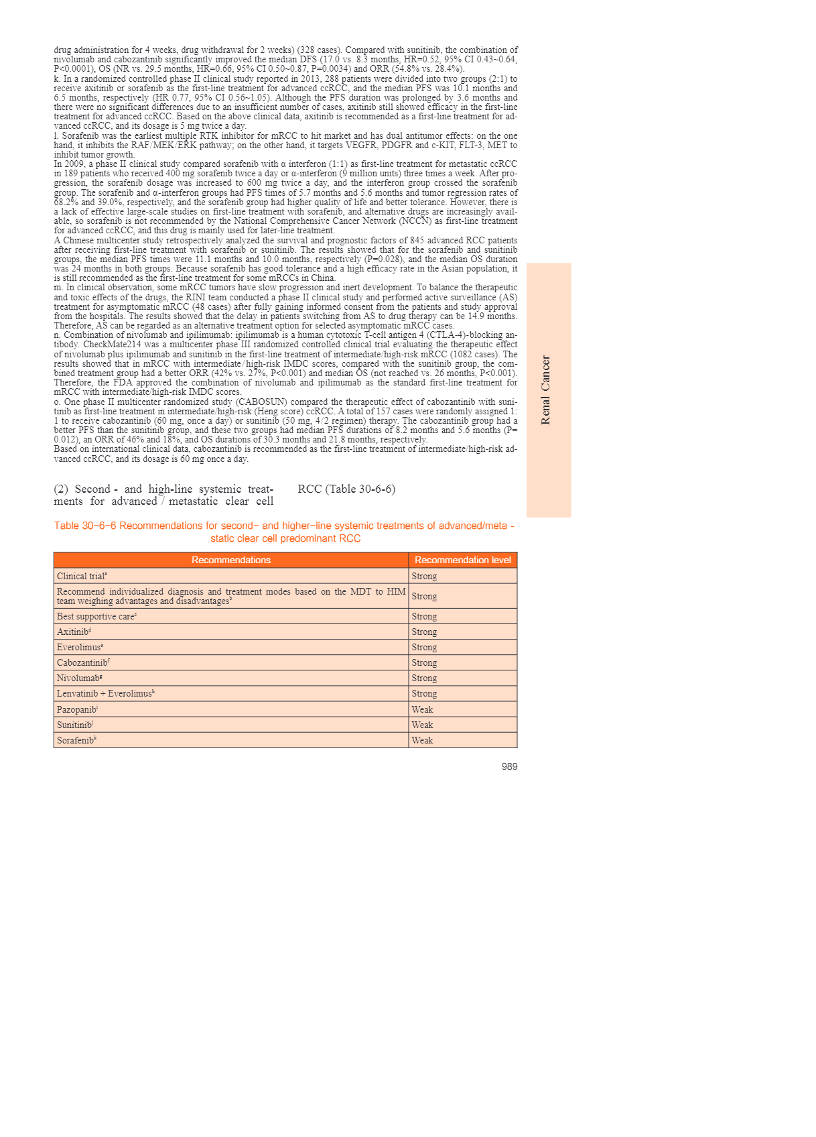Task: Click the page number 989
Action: point(509,766)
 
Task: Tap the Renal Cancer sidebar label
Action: point(545,390)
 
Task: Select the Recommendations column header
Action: point(231,560)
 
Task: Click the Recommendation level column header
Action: point(462,560)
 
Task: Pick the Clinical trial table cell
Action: point(82,576)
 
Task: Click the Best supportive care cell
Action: point(96,616)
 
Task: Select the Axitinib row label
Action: point(74,632)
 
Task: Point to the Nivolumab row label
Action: point(79,678)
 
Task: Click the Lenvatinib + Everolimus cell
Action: point(106,693)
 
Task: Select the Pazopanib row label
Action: point(77,709)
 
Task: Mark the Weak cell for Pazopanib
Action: point(422,709)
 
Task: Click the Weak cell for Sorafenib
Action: point(422,740)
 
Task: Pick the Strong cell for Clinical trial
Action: point(424,576)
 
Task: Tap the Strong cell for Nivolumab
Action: point(424,678)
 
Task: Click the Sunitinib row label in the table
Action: point(75,725)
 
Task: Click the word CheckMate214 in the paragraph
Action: point(111,345)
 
